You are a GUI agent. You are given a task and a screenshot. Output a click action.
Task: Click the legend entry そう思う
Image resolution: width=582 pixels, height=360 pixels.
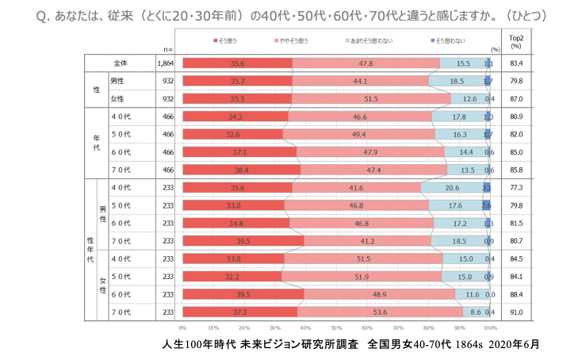227,39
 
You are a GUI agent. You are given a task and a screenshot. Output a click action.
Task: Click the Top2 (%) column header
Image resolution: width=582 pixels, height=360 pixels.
515,40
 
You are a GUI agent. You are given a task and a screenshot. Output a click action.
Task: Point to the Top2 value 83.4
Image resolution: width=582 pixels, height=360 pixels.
515,63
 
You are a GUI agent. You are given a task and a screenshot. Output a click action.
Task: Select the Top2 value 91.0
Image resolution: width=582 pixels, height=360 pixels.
515,312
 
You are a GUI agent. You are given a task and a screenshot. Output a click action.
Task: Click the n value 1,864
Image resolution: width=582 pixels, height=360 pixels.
165,63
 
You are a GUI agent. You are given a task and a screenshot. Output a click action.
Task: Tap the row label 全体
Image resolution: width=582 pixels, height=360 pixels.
121,63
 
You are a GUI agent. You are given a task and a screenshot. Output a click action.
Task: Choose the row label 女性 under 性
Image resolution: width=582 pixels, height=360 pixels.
117,98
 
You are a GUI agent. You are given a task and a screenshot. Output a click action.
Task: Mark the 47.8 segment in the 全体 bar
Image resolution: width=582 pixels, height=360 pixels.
366,63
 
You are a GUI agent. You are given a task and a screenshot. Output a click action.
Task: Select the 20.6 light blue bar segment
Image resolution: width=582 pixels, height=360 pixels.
451,187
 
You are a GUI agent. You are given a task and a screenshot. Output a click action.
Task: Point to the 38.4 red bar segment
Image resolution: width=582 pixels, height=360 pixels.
241,170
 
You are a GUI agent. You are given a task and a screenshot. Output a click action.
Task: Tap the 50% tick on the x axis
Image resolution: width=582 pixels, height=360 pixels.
336,327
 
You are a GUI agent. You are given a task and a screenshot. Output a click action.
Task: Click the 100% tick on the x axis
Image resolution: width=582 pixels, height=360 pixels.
490,327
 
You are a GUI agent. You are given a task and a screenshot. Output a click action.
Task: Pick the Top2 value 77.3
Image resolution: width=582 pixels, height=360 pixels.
515,187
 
